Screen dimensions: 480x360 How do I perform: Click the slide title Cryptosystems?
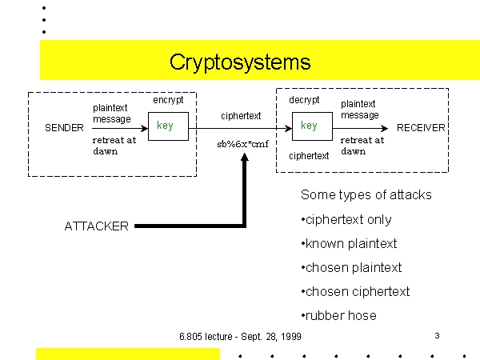[x=240, y=62]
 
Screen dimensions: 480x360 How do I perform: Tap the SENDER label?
[x=64, y=128]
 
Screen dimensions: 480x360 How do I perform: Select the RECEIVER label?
[x=421, y=128]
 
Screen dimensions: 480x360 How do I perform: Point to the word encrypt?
[x=168, y=100]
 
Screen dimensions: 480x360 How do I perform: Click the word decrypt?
[x=304, y=100]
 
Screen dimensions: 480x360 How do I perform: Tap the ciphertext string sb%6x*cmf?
[x=242, y=144]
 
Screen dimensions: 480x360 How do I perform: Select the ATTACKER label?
[x=97, y=226]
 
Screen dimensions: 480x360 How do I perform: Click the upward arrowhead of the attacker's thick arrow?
[x=245, y=157]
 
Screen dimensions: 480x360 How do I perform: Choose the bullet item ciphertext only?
[x=346, y=220]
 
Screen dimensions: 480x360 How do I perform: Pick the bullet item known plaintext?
[x=349, y=244]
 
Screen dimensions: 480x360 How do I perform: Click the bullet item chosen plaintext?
[x=351, y=267]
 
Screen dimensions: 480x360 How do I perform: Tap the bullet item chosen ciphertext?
[x=355, y=292]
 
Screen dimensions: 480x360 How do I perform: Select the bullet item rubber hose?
[x=339, y=316]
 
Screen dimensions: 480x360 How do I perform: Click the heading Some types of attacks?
[x=366, y=195]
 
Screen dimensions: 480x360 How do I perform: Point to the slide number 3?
[x=437, y=336]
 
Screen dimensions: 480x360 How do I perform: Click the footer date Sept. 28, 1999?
[x=271, y=337]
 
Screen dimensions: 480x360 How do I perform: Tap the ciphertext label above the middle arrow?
[x=241, y=116]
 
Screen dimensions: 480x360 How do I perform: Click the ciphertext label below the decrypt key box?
[x=309, y=156]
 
